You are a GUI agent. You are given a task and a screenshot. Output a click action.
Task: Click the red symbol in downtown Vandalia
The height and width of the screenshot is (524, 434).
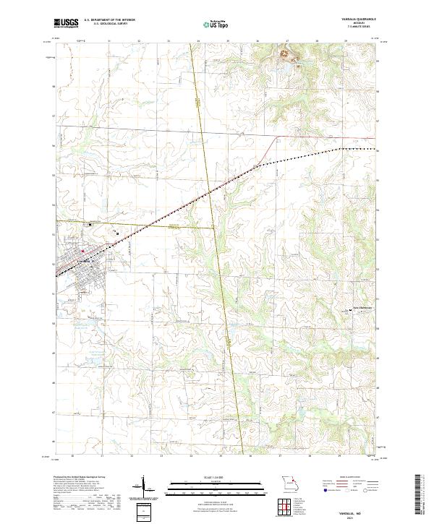point(82,252)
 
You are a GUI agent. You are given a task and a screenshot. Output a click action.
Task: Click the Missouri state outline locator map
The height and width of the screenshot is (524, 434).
point(290,482)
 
